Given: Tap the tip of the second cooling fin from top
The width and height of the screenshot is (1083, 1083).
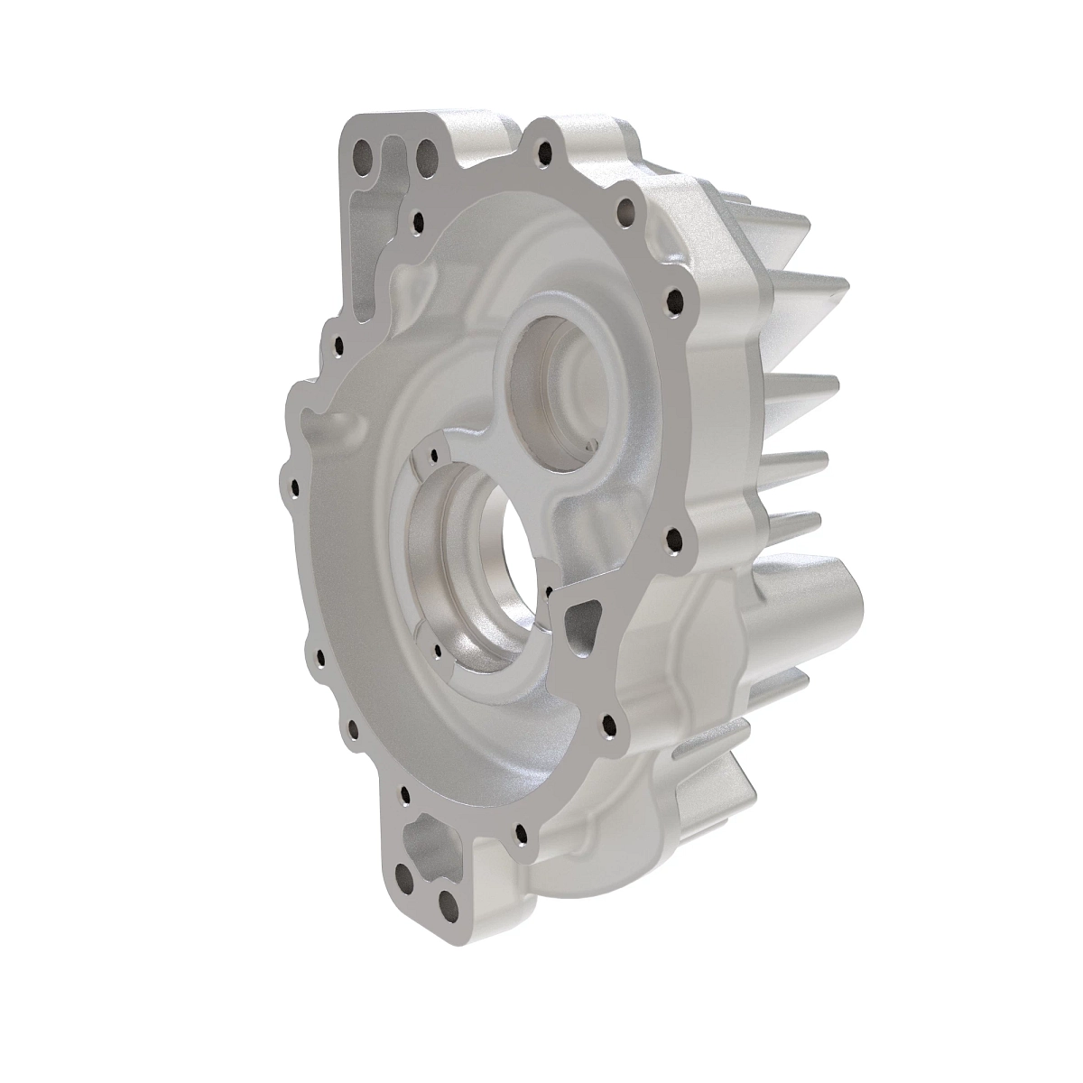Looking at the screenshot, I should pyautogui.click(x=844, y=289).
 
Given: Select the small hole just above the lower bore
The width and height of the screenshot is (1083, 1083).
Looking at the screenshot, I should pyautogui.click(x=435, y=456).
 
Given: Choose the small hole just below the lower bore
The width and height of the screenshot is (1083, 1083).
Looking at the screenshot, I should pyautogui.click(x=438, y=648).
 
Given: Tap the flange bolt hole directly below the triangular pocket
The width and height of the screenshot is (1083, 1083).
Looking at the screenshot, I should pyautogui.click(x=611, y=726).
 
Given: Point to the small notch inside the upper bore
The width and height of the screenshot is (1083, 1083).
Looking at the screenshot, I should pyautogui.click(x=591, y=445).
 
